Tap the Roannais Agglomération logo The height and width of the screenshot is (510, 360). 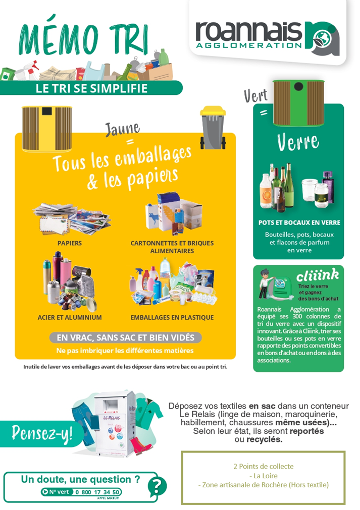pos(267,35)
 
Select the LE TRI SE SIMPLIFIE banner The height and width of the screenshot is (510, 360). pos(91,88)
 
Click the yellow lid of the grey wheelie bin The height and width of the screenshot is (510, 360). pos(213,111)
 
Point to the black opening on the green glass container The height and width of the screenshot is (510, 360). pos(298,87)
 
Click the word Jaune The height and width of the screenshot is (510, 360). pos(122,129)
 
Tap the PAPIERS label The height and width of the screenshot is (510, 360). pos(69,243)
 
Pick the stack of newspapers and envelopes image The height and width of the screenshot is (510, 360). pos(72,218)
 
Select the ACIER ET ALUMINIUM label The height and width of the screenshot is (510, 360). pos(69,317)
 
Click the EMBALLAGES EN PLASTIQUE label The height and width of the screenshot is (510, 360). pos(172,317)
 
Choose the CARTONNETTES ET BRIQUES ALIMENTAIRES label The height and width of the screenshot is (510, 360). pos(172,247)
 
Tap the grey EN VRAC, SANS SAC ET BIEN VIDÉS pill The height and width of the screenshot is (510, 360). pos(125,337)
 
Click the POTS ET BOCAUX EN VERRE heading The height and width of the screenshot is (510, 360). pos(299,223)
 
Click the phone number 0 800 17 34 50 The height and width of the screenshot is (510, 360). pos(97,492)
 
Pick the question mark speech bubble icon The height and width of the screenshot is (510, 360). pos(157,487)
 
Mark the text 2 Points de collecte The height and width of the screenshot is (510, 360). pos(264,467)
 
